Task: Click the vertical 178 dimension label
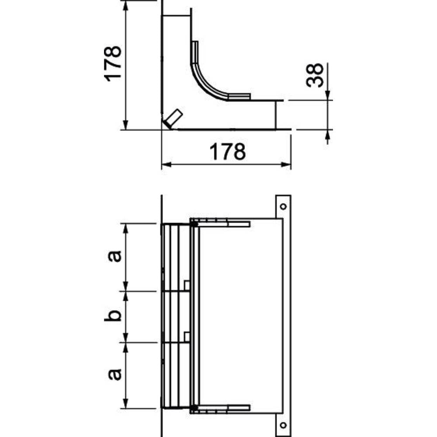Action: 113,63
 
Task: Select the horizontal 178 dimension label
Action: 227,152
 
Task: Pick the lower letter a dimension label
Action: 113,374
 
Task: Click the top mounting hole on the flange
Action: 283,206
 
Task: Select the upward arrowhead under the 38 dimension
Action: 328,135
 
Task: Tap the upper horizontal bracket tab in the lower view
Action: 238,224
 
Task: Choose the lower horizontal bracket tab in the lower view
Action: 238,408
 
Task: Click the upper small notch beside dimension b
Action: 187,285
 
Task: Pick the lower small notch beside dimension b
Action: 187,336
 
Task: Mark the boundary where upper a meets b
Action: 126,291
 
